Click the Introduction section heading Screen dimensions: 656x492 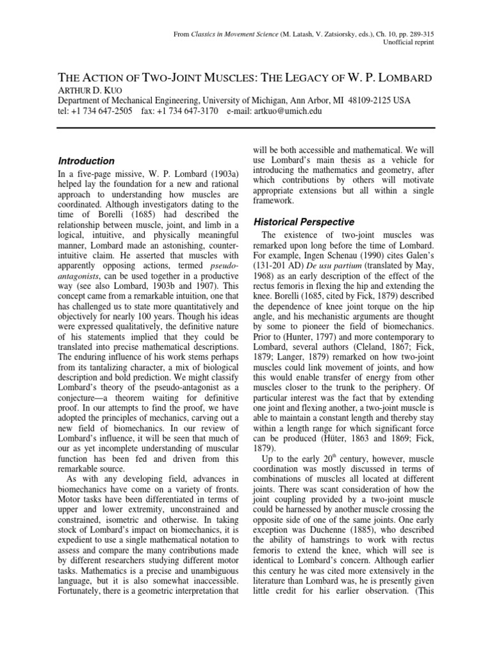[86, 161]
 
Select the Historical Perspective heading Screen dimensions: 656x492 [304, 222]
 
